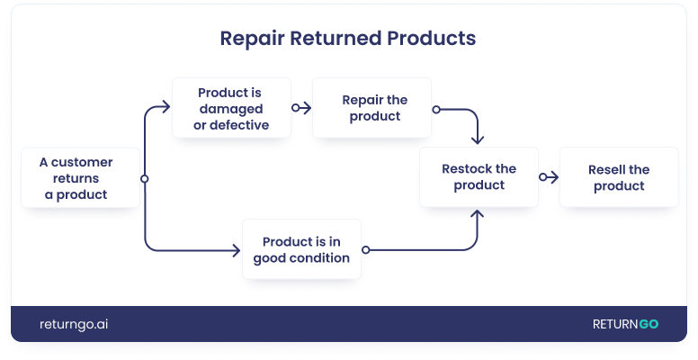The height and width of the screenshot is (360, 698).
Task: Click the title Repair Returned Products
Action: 348,40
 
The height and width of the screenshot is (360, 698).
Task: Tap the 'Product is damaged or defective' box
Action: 232,108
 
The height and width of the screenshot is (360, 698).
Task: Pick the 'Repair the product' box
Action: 371,108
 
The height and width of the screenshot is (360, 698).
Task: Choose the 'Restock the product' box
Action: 479,177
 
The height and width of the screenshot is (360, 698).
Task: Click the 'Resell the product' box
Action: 618,177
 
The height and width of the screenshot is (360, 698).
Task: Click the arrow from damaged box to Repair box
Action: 301,108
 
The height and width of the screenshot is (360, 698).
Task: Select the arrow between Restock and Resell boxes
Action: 548,177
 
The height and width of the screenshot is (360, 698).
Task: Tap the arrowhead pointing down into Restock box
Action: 478,139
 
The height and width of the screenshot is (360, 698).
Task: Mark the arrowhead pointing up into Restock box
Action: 478,216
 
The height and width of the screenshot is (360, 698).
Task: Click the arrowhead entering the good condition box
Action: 237,249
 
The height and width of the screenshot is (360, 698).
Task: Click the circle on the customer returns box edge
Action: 145,178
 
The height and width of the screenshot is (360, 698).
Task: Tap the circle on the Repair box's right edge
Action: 435,109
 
